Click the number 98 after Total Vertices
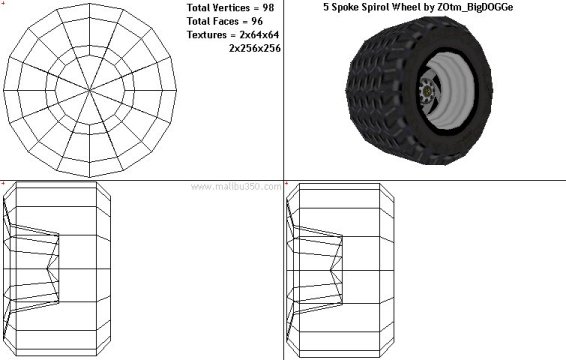pyautogui.click(x=268, y=8)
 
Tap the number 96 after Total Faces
pyautogui.click(x=257, y=21)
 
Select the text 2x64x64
pyautogui.click(x=259, y=35)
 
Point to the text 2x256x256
pyautogui.click(x=255, y=48)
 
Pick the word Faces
pyautogui.click(x=227, y=21)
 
